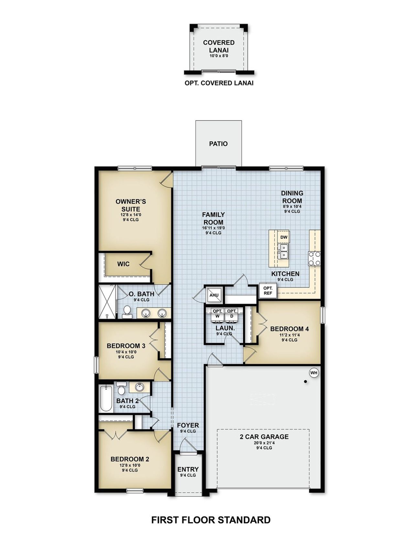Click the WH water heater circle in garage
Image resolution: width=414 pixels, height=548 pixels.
(314, 373)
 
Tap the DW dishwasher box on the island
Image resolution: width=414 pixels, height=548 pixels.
(284, 237)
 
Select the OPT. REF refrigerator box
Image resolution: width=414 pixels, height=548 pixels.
(268, 290)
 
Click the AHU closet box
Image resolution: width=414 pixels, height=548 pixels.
(214, 295)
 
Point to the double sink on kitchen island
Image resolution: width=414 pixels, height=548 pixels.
(283, 252)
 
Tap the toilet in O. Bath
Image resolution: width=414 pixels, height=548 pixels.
(127, 312)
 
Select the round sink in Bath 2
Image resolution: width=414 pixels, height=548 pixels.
(140, 387)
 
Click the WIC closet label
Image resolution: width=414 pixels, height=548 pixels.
(123, 264)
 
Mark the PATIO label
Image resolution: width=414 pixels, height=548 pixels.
(218, 144)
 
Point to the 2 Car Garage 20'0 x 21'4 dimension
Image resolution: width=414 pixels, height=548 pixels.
(264, 442)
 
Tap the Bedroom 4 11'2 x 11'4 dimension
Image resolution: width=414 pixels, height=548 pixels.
(289, 335)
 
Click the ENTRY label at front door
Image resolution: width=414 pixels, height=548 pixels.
(188, 469)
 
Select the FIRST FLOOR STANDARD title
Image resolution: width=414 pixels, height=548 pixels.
(211, 520)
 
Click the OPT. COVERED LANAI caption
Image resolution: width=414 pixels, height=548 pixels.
(219, 83)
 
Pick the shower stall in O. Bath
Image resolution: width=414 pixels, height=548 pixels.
(107, 302)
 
